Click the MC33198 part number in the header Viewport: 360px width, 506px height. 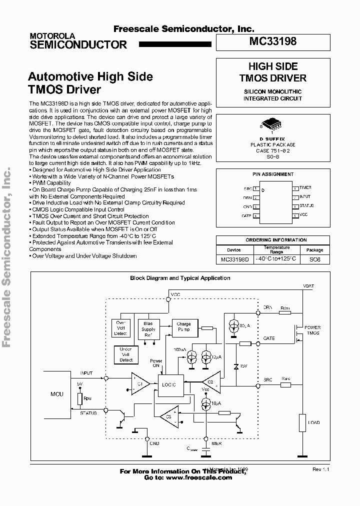[273, 42]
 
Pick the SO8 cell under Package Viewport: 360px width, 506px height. [314, 259]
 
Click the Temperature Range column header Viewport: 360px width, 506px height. [276, 249]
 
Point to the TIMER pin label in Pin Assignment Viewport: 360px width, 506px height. [305, 188]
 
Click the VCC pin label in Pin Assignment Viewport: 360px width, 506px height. [303, 215]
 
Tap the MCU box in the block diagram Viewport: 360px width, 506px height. [57, 394]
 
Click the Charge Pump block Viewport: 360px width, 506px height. [183, 327]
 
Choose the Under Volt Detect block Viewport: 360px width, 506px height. [126, 354]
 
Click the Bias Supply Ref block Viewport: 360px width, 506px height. [148, 329]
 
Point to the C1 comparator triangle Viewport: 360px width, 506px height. [140, 384]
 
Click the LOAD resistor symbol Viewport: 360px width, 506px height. [302, 422]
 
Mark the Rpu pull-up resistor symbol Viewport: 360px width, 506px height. [79, 399]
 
